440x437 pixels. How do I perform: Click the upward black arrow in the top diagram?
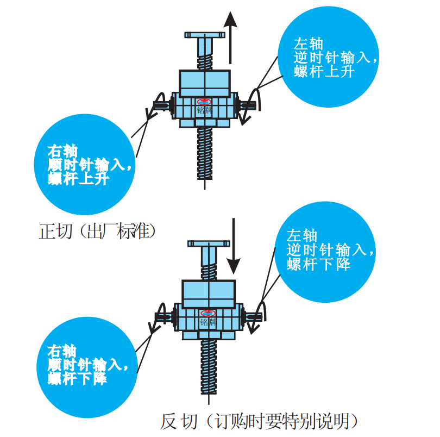tap(231, 38)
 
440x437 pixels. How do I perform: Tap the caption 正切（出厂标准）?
tap(98, 231)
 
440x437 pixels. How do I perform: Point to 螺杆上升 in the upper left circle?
tap(78, 179)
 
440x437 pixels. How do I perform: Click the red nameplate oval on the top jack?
tap(205, 102)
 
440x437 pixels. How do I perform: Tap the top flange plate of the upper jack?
tap(205, 35)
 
